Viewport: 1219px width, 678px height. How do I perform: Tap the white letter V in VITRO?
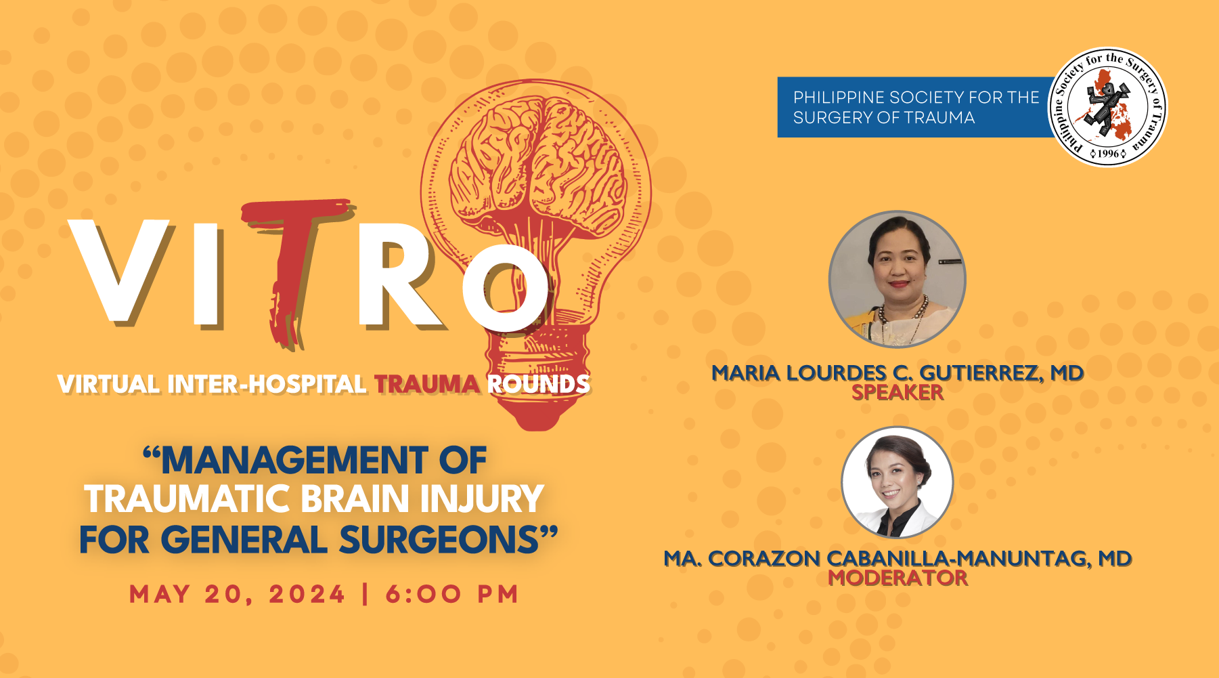119,271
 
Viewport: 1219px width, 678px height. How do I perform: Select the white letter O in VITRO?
506,288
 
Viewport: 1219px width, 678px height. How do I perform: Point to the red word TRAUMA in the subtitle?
427,384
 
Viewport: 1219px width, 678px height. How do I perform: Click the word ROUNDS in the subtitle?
539,384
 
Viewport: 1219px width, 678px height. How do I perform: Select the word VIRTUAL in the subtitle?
109,384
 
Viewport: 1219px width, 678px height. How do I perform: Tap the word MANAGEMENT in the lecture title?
294,461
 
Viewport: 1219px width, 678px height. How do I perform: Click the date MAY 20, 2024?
238,594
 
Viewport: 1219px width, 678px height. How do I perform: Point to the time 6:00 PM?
452,594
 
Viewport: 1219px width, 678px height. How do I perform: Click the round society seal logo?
1107,107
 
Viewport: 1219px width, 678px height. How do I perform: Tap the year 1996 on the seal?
1108,154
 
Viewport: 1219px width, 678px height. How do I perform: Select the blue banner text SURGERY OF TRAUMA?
884,118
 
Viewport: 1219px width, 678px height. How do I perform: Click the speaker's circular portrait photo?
897,279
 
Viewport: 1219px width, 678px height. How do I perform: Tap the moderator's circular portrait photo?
897,482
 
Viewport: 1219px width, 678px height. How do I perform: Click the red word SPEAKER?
897,392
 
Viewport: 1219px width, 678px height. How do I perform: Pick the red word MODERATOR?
898,578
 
